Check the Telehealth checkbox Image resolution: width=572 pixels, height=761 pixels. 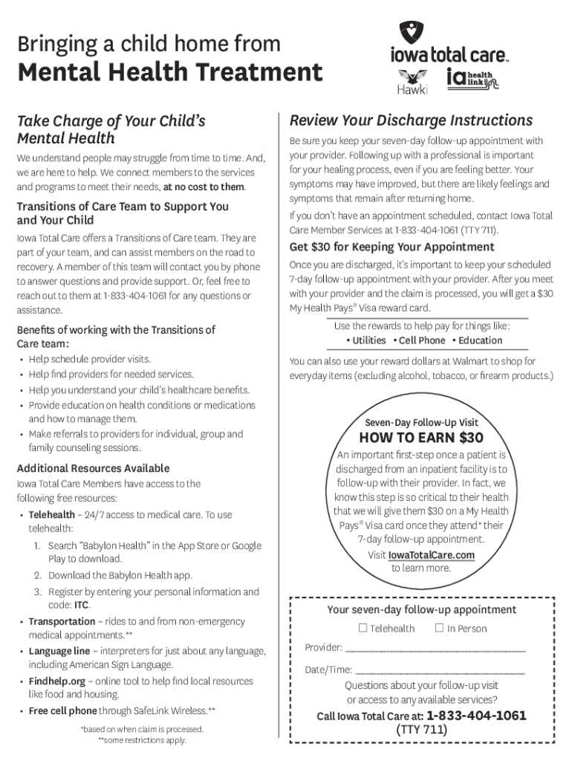363,628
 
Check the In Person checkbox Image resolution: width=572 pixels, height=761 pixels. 439,628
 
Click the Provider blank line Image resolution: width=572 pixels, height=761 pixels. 435,648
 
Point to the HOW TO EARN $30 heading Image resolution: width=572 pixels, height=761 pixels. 421,437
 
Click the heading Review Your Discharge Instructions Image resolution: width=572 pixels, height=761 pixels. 411,120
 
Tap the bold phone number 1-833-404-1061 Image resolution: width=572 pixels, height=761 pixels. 476,716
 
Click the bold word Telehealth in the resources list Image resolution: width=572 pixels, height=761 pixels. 51,514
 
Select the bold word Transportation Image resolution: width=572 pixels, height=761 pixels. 62,621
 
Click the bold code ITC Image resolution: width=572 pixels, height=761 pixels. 81,605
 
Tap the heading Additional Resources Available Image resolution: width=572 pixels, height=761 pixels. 93,468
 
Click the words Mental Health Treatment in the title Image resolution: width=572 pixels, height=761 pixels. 170,73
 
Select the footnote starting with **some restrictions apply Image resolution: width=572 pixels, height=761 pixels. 142,740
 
